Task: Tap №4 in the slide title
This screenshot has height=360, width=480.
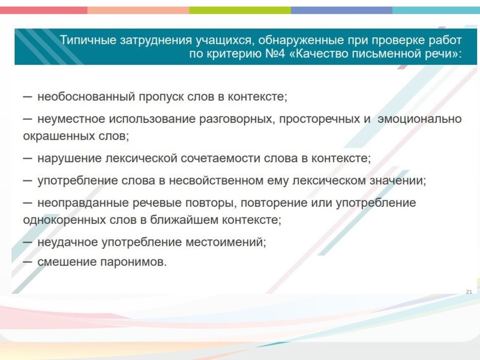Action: [x=274, y=54]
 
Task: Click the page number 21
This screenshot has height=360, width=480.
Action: [x=469, y=292]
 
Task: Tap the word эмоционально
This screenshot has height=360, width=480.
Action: [x=419, y=119]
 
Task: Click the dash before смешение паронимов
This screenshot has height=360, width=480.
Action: [x=28, y=262]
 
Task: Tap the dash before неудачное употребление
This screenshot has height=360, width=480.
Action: [x=28, y=242]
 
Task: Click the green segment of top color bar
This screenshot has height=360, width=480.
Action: [x=239, y=10]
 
